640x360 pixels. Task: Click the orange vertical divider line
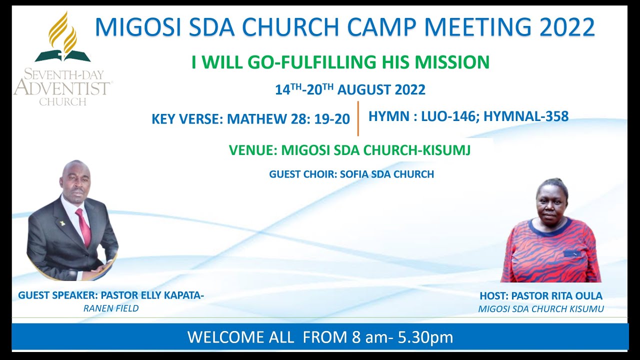coord(358,118)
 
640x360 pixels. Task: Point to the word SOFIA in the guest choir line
coord(355,174)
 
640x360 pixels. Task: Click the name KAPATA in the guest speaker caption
coord(182,295)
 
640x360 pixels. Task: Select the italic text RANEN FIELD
coord(111,308)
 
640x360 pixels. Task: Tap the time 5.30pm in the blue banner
coord(425,337)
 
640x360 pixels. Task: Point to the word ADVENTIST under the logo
coord(62,88)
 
